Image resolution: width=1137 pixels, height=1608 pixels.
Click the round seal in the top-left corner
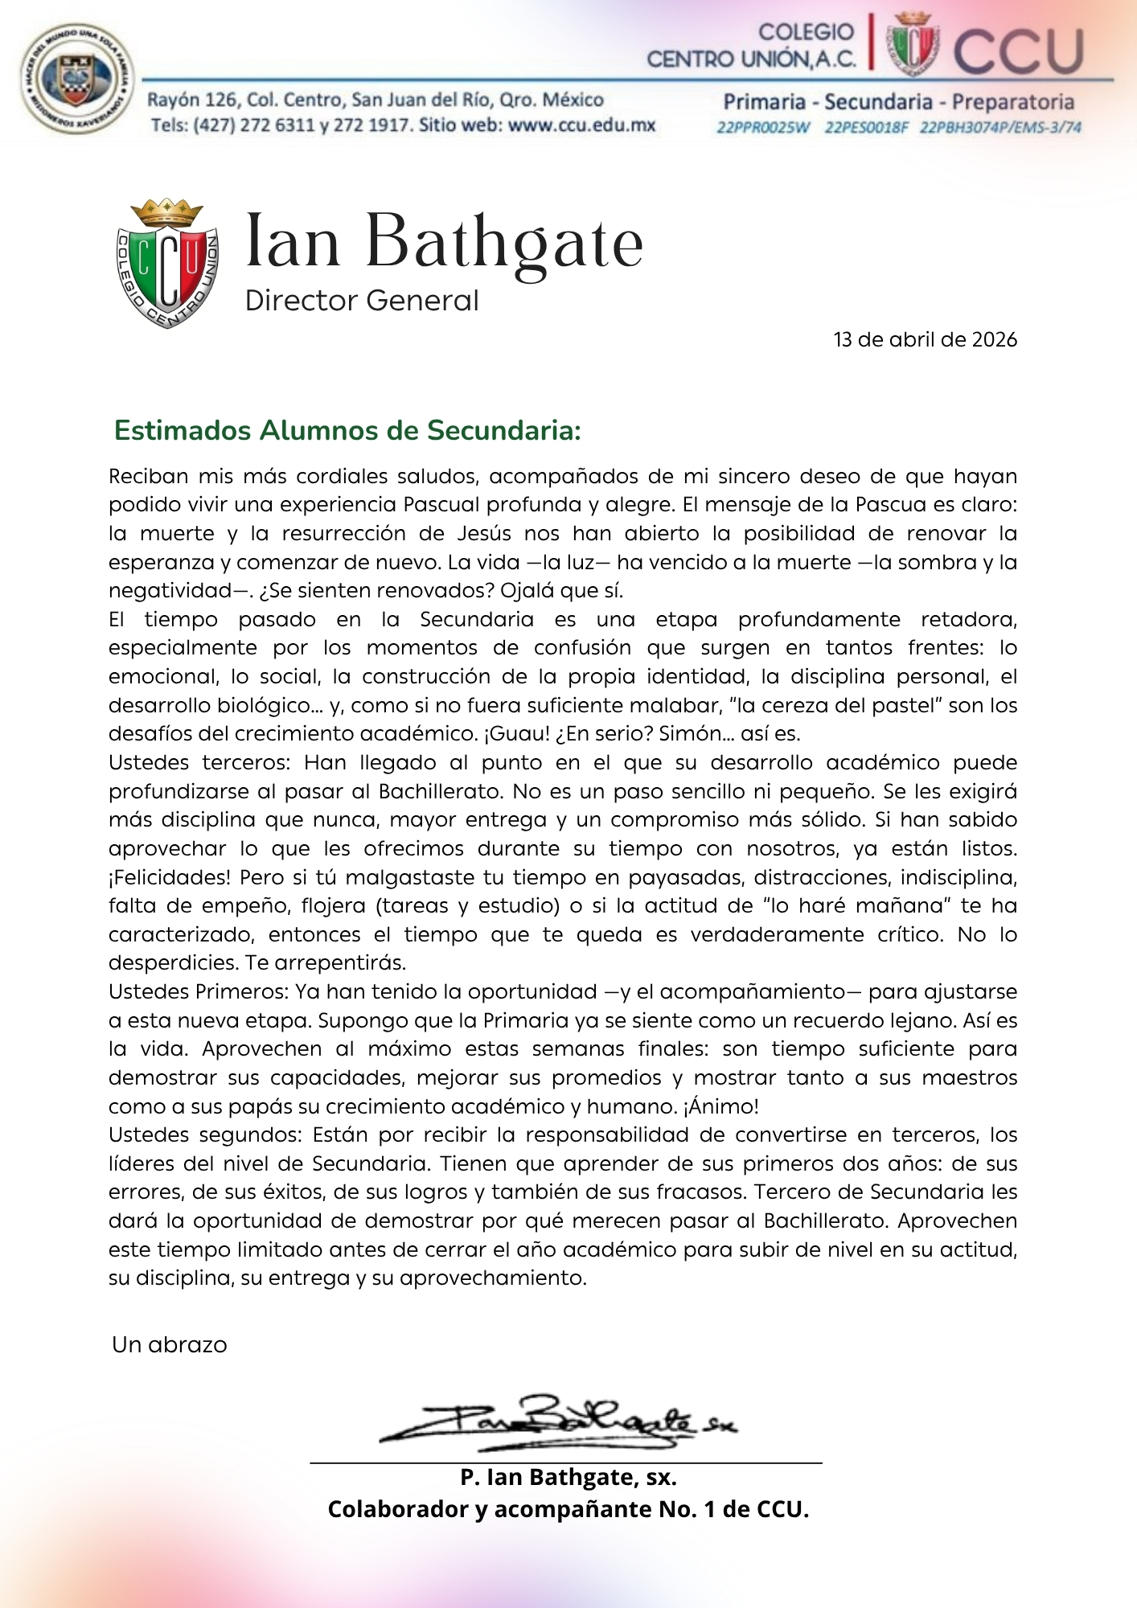(76, 79)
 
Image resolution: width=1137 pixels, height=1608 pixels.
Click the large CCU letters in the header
(1018, 51)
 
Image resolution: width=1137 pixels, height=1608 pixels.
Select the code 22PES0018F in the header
(866, 128)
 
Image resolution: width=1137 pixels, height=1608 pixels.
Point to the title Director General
(362, 301)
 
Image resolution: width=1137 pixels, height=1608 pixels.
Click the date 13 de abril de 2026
(925, 339)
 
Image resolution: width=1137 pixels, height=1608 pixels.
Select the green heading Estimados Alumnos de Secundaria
(347, 430)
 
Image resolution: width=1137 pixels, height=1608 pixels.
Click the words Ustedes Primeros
(199, 992)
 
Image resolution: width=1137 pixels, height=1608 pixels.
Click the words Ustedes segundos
(204, 1135)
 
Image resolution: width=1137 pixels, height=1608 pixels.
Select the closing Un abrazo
(170, 1345)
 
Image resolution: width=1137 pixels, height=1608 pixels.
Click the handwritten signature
(555, 1422)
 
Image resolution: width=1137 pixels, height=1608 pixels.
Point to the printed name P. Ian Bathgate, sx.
(568, 1477)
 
